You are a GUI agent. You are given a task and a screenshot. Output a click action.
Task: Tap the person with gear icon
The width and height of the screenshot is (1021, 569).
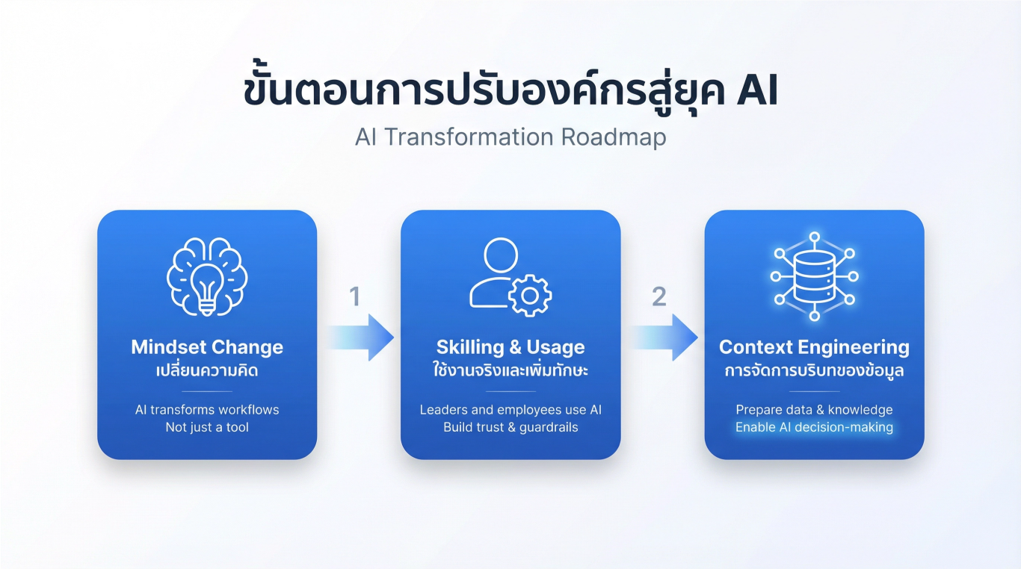[510, 275]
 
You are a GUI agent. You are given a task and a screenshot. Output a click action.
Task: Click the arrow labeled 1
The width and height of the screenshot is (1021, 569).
[360, 338]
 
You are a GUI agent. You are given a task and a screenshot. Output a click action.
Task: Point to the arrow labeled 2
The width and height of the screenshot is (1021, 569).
[663, 338]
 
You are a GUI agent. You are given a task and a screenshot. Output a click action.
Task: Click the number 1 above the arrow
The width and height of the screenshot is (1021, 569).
[355, 297]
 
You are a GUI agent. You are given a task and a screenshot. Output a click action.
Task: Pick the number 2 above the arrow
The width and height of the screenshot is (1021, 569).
[658, 297]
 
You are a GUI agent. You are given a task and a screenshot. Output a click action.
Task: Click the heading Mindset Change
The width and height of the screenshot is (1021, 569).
[207, 347]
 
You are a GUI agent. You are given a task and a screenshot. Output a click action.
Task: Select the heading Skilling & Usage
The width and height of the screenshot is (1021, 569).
[510, 347]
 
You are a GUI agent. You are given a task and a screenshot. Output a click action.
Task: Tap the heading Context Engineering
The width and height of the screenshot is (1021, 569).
[814, 347]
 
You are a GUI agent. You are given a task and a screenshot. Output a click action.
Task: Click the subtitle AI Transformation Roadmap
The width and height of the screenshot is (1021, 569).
[510, 138]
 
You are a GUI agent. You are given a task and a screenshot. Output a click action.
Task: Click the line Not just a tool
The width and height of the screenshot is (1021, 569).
[207, 428]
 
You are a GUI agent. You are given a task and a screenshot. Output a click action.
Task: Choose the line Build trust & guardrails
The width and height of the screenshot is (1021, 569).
[510, 428]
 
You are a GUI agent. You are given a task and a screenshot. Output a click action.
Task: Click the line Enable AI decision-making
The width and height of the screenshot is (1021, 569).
[814, 428]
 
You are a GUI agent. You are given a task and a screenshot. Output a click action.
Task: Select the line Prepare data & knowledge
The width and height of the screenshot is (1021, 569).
[814, 410]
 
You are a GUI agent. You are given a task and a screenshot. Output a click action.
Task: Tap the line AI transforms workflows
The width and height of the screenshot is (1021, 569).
[207, 410]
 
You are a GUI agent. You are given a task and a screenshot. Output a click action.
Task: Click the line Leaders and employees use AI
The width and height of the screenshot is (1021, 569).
[510, 410]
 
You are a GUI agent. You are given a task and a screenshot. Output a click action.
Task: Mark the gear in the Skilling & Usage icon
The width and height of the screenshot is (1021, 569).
[530, 296]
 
